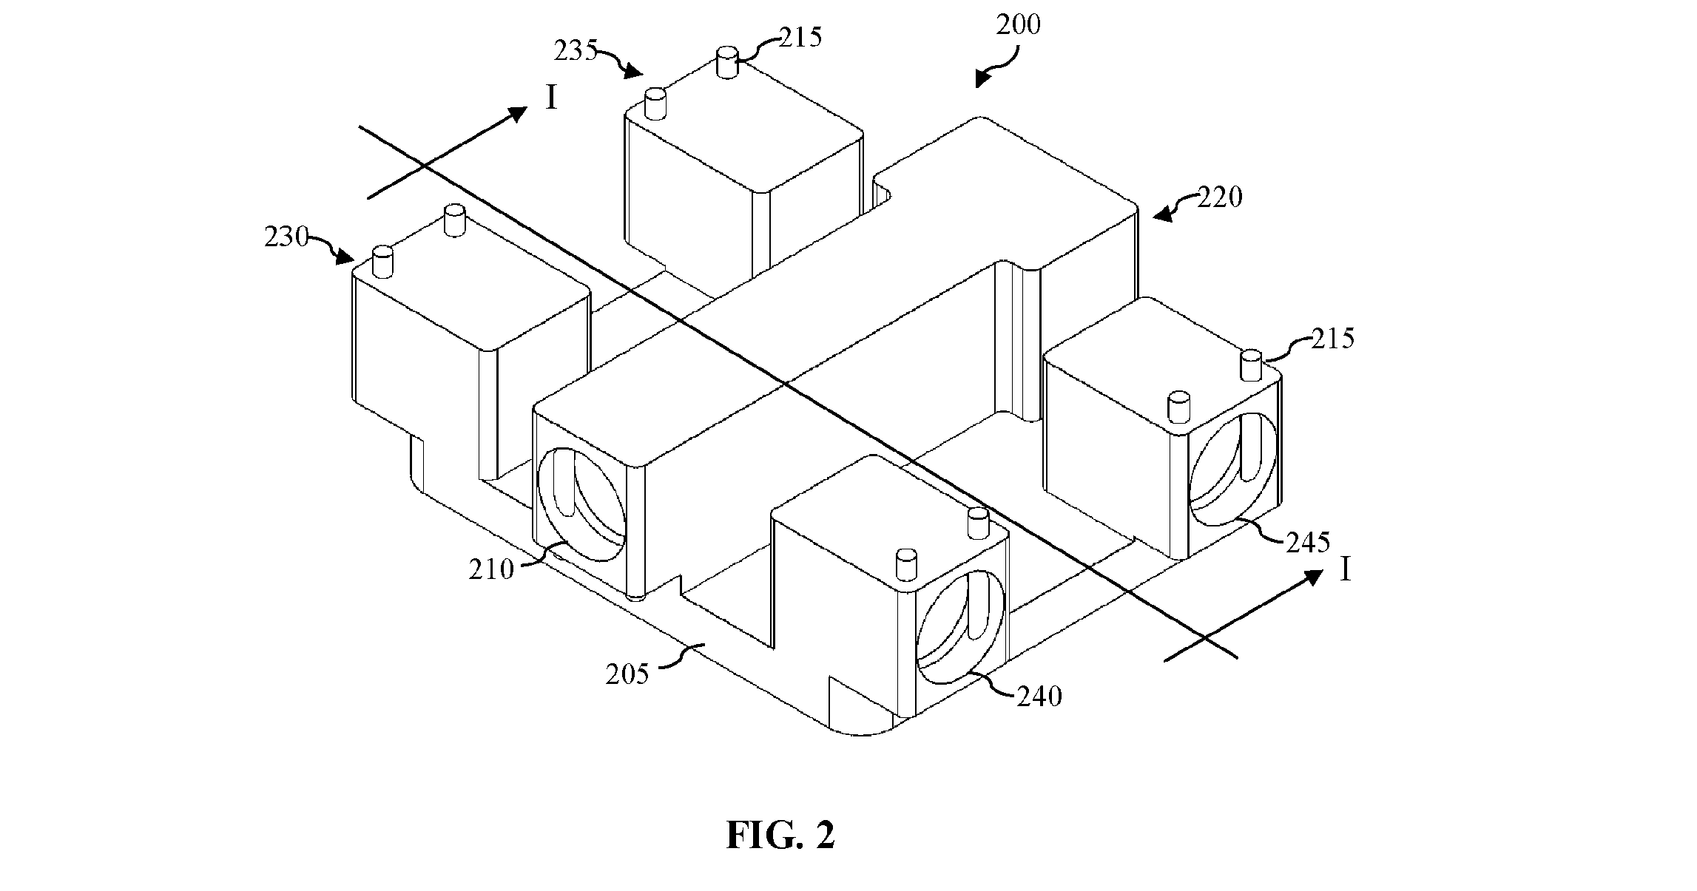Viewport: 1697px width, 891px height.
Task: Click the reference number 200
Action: tap(1018, 25)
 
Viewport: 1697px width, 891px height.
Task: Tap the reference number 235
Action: tap(577, 51)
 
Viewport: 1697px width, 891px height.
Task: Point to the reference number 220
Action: tap(1220, 197)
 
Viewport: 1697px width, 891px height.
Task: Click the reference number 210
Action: tap(491, 569)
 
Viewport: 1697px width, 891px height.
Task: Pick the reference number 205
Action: tap(627, 674)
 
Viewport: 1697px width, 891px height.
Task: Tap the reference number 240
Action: tap(1039, 697)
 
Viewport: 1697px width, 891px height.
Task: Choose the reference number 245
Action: tap(1307, 543)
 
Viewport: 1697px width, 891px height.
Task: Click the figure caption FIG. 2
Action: tap(780, 835)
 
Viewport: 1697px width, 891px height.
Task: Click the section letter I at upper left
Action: tap(551, 98)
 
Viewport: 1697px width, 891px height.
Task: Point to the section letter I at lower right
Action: tap(1345, 570)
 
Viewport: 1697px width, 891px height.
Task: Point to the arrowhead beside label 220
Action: tap(1164, 214)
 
